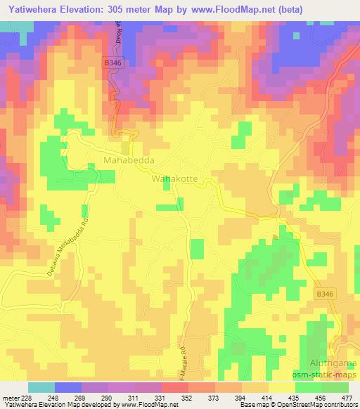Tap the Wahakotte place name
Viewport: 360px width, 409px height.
click(x=174, y=180)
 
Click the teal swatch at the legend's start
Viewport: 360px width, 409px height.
click(x=41, y=387)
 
